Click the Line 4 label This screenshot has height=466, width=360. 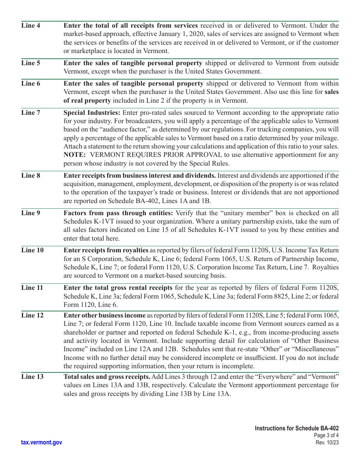click(31, 26)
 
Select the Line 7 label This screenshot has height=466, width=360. click(31, 113)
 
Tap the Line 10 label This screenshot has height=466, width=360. click(32, 250)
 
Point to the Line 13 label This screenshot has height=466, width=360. click(32, 377)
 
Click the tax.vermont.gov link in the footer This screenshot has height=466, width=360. click(42, 443)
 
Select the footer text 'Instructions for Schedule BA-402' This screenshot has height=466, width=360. click(297, 428)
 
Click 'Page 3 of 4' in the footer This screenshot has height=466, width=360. click(326, 436)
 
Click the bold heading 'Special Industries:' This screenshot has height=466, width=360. click(92, 113)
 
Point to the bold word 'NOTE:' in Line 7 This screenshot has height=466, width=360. click(75, 155)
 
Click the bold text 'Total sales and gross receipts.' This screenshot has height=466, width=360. click(107, 377)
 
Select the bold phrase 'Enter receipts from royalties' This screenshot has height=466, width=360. click(106, 250)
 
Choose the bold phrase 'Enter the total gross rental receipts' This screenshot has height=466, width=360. click(117, 288)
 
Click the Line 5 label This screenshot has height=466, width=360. click(31, 63)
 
